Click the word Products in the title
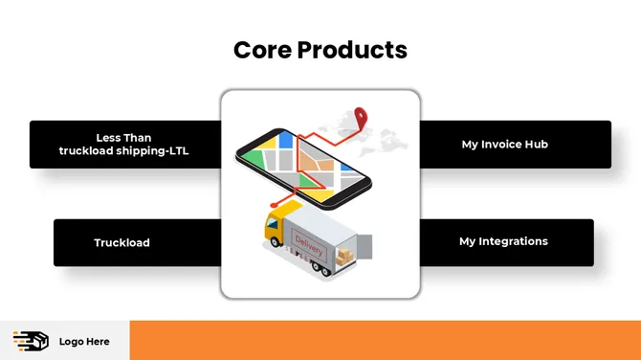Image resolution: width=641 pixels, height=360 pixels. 351,50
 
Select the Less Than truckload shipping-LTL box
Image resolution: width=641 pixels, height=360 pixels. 124,145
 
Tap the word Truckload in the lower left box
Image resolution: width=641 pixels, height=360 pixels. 122,243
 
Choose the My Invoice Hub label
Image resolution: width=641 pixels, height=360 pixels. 504,145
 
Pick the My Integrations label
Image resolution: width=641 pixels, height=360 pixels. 503,242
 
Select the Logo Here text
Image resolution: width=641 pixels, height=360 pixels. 84,342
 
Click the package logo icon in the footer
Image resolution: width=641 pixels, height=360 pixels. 30,341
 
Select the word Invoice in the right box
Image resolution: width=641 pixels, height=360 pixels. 503,145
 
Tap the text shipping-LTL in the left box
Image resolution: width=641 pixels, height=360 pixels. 161,151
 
